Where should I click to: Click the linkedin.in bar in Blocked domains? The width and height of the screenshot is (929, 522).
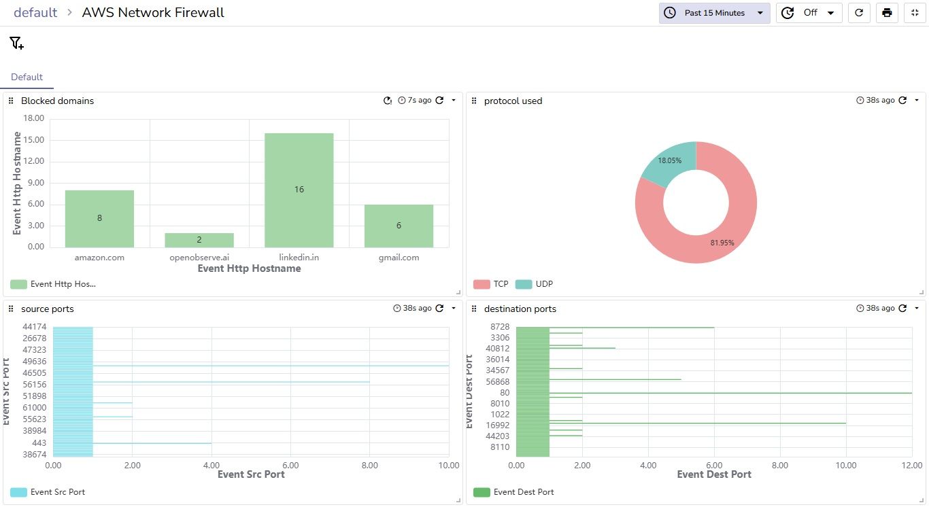pos(299,190)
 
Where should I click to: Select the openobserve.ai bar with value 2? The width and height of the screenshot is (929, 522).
pos(199,240)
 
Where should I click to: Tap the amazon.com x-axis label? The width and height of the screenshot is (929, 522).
pos(99,258)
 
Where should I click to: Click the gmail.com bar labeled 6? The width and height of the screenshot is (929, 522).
pos(399,226)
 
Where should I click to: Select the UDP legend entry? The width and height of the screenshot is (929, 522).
pos(535,284)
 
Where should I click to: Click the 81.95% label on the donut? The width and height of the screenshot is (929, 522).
pos(722,243)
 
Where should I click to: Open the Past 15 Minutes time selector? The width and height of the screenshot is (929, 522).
pos(714,13)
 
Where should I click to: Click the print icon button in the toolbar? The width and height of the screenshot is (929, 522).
pos(887,13)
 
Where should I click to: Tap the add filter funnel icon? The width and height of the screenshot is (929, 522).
pos(17,43)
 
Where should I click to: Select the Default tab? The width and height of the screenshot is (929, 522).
pos(27,77)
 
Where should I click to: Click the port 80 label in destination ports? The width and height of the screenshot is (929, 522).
pos(505,392)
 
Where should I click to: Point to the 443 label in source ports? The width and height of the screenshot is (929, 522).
pos(39,443)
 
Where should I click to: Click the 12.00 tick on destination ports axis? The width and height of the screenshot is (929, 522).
pos(911,466)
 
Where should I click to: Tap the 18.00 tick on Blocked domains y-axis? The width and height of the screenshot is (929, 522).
pos(33,118)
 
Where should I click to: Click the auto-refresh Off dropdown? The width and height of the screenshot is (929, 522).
pos(809,13)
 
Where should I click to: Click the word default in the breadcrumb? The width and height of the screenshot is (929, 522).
pos(35,13)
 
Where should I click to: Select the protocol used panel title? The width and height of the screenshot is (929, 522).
pos(513,101)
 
